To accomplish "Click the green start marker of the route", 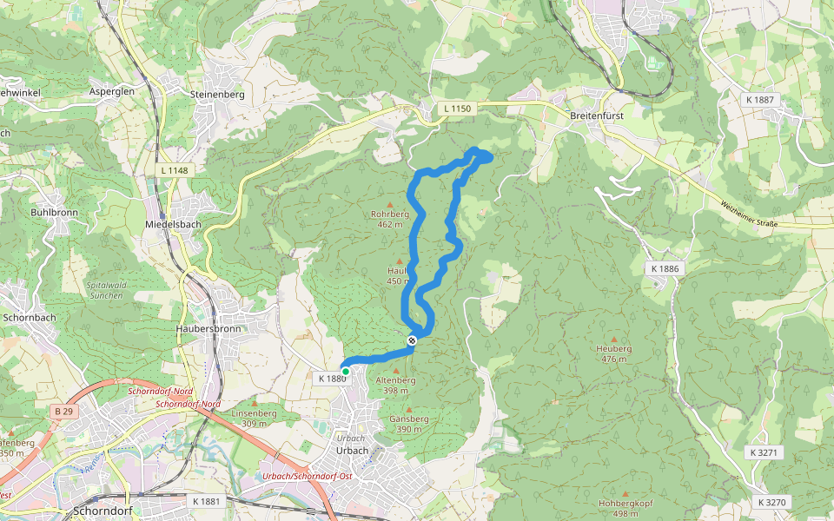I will [x=345, y=372].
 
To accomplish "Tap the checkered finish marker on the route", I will [x=412, y=340].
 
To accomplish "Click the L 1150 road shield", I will [x=456, y=109].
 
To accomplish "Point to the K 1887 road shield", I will [x=760, y=100].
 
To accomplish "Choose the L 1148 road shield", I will [x=174, y=170].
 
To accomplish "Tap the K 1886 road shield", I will [x=665, y=269].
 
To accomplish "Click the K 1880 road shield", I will [x=332, y=379].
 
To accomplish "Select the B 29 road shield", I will [x=63, y=411].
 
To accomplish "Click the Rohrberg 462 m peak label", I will [x=389, y=219].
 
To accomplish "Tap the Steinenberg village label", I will [x=217, y=94].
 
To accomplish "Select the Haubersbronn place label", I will [x=208, y=329].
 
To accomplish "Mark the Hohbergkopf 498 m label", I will [x=625, y=508].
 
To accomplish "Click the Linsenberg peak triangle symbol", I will [x=254, y=403].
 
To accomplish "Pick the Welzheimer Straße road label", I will [x=748, y=214].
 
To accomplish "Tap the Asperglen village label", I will [x=111, y=91].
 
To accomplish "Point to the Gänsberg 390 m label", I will [x=408, y=424].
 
